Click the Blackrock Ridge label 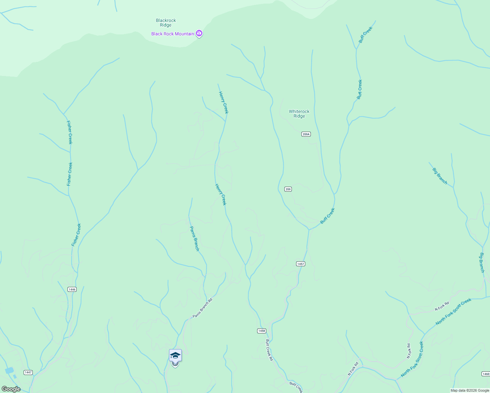click(166, 23)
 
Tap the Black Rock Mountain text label click(173, 34)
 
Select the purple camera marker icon click(199, 33)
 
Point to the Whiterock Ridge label click(299, 114)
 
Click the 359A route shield click(306, 134)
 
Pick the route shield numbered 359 click(288, 189)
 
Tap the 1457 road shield click(301, 264)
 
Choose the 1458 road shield click(261, 331)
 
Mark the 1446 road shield click(72, 289)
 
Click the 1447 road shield click(28, 372)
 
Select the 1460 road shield click(486, 374)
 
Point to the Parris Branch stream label click(195, 239)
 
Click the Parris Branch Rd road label click(202, 308)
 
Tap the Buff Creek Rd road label click(269, 350)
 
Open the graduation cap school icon click(175, 355)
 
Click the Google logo click(11, 389)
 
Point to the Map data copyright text click(470, 390)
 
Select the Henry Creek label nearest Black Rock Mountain click(223, 102)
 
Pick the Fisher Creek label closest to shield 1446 click(76, 235)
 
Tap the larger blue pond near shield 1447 click(9, 370)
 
